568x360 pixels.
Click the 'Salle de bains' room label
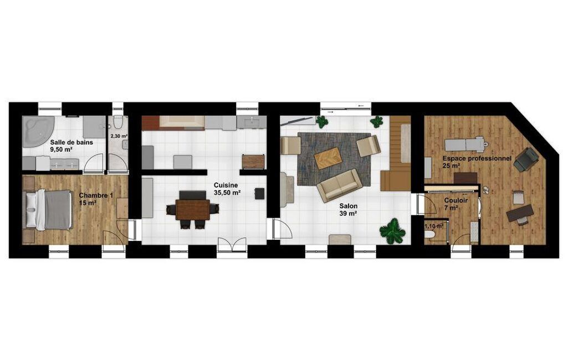point(71,142)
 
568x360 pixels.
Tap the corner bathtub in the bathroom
point(36,131)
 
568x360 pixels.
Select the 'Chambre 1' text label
point(96,196)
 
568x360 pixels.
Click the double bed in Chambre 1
point(47,210)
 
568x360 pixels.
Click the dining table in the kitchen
point(193,209)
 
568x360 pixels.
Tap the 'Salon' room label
point(348,206)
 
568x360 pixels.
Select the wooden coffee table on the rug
point(328,158)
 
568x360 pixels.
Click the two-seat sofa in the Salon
point(339,186)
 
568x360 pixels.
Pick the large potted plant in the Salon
point(392,232)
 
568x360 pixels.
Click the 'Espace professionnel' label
point(477,158)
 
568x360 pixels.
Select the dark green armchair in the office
point(526,160)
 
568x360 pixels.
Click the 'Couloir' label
point(456,200)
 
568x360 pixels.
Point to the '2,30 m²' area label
point(119,136)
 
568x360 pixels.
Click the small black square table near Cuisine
point(259,193)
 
